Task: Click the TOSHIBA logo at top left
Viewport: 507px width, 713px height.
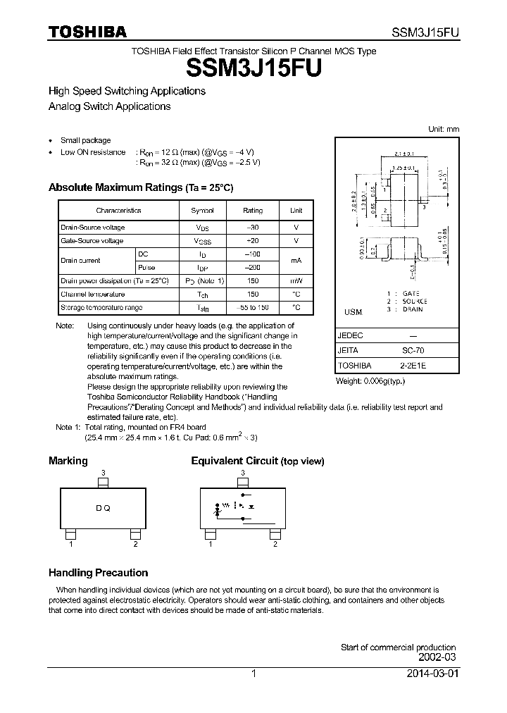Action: (x=87, y=32)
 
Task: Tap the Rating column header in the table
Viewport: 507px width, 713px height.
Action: (x=253, y=211)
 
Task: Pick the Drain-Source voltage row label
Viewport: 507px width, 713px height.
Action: (x=93, y=228)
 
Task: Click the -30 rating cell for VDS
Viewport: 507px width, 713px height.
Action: (x=253, y=228)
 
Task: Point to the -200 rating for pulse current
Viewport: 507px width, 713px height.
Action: (x=253, y=268)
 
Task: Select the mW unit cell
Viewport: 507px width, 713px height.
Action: (x=296, y=281)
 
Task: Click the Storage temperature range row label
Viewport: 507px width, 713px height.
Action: (x=101, y=308)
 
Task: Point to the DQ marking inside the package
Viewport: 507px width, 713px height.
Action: (x=103, y=509)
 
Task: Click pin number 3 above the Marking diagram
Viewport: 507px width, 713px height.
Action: (x=103, y=473)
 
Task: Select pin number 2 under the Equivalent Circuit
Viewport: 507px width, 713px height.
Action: (x=275, y=544)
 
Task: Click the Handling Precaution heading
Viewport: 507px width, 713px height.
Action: (x=98, y=573)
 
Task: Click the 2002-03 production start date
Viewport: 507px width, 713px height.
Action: (x=437, y=657)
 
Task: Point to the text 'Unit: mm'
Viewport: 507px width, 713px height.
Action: (x=444, y=129)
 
